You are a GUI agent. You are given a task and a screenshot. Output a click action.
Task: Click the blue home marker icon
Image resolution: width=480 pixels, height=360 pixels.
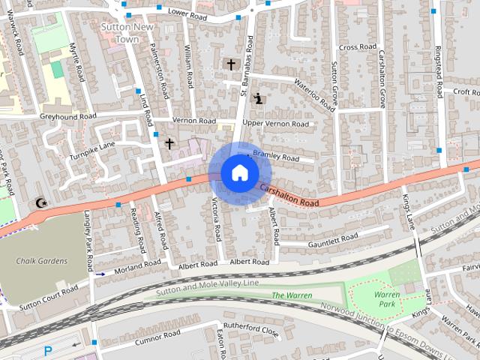pos(238,172)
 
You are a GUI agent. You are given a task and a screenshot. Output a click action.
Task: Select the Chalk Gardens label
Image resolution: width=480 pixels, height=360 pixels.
pos(43,261)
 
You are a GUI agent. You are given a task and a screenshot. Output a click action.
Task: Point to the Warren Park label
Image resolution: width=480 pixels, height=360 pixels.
pos(386,300)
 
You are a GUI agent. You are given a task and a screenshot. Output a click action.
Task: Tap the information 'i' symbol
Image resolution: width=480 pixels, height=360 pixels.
pos(259,97)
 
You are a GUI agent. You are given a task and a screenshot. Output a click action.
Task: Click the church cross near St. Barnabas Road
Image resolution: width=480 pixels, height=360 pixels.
pos(230,64)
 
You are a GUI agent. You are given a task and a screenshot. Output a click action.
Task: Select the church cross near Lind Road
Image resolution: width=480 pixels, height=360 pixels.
pos(169,143)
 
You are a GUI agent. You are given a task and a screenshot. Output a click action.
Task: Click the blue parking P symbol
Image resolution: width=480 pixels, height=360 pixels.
pos(48,351)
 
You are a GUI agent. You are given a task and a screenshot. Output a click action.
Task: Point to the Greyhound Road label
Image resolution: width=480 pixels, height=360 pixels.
pos(68,117)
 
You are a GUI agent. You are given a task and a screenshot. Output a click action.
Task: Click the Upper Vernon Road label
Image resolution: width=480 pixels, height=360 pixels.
pos(275,123)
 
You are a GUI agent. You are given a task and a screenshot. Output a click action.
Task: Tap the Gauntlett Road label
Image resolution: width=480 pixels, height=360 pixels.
pos(333,239)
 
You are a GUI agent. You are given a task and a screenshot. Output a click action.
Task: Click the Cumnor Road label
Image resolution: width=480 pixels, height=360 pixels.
pos(157,337)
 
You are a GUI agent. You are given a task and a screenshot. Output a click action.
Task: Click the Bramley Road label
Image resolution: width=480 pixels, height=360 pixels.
pos(276,156)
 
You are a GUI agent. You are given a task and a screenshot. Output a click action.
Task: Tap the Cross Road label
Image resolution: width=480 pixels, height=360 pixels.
pos(357,46)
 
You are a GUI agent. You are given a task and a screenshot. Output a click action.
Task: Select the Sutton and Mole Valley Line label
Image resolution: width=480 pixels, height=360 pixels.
pos(208,283)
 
